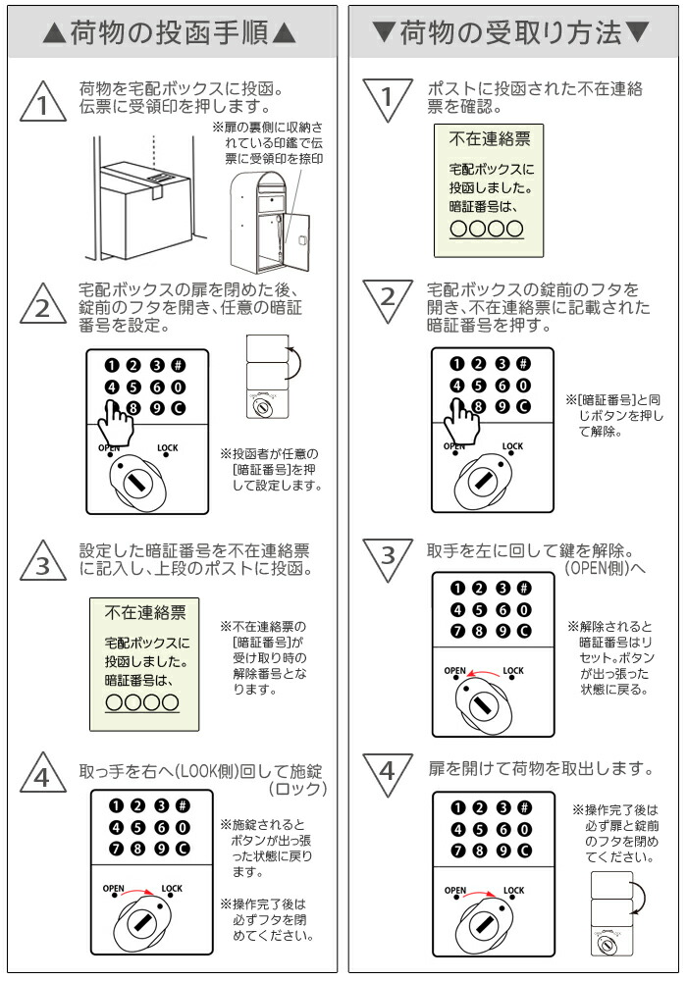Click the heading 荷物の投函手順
click(169, 32)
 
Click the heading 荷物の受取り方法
click(511, 32)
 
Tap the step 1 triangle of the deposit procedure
click(42, 101)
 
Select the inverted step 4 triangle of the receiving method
click(388, 775)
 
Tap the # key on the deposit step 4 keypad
click(183, 805)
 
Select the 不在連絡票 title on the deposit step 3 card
click(145, 612)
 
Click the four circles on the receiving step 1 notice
click(487, 229)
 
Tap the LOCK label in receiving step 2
click(512, 446)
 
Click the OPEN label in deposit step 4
click(113, 889)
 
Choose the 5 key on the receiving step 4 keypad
click(479, 830)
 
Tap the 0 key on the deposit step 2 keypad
click(179, 387)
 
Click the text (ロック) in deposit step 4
click(297, 790)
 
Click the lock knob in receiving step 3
click(483, 705)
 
